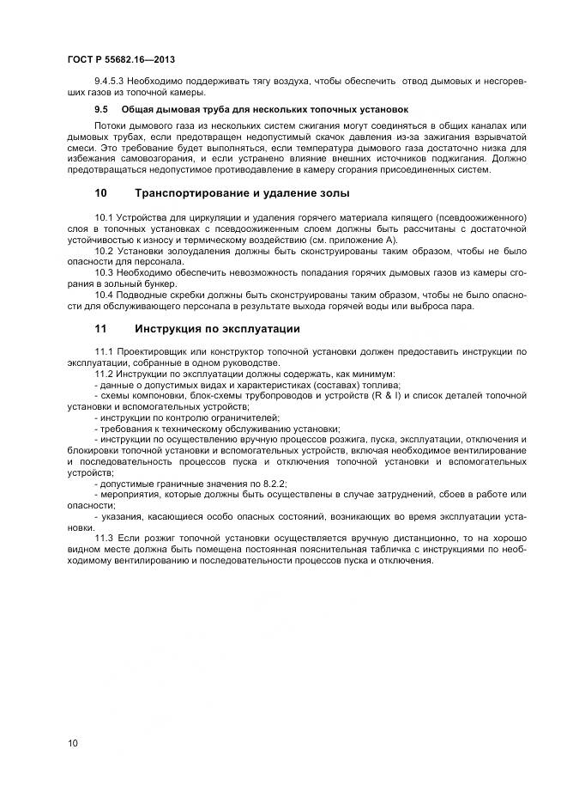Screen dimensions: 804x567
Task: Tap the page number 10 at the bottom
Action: coord(72,742)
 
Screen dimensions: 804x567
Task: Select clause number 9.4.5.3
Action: coord(109,81)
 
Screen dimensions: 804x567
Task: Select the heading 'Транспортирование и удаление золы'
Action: coord(231,193)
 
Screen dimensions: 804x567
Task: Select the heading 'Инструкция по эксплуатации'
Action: coord(217,329)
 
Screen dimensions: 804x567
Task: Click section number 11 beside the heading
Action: coord(100,329)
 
